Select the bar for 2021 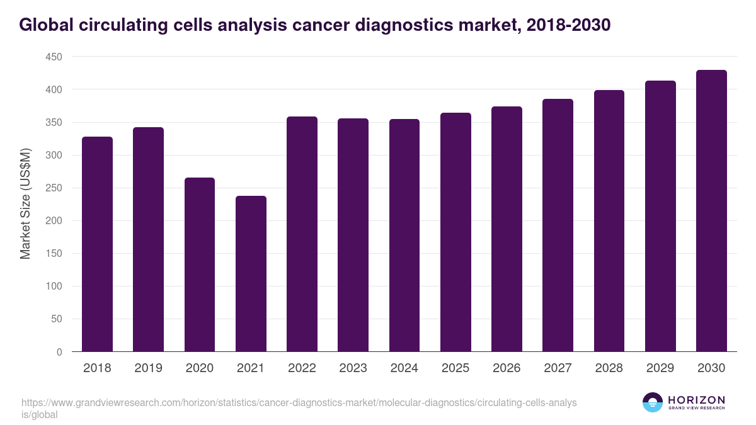pyautogui.click(x=251, y=274)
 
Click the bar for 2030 pyautogui.click(x=711, y=211)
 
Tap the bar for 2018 pyautogui.click(x=97, y=244)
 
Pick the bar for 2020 pyautogui.click(x=200, y=264)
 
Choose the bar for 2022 pyautogui.click(x=302, y=234)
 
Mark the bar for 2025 pyautogui.click(x=455, y=232)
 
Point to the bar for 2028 pyautogui.click(x=609, y=221)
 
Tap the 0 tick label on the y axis pyautogui.click(x=59, y=352)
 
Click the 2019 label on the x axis pyautogui.click(x=148, y=368)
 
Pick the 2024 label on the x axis pyautogui.click(x=404, y=368)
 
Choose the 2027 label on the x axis pyautogui.click(x=558, y=368)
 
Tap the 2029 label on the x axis pyautogui.click(x=660, y=368)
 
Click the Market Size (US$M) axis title pyautogui.click(x=25, y=205)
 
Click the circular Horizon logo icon pyautogui.click(x=653, y=402)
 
